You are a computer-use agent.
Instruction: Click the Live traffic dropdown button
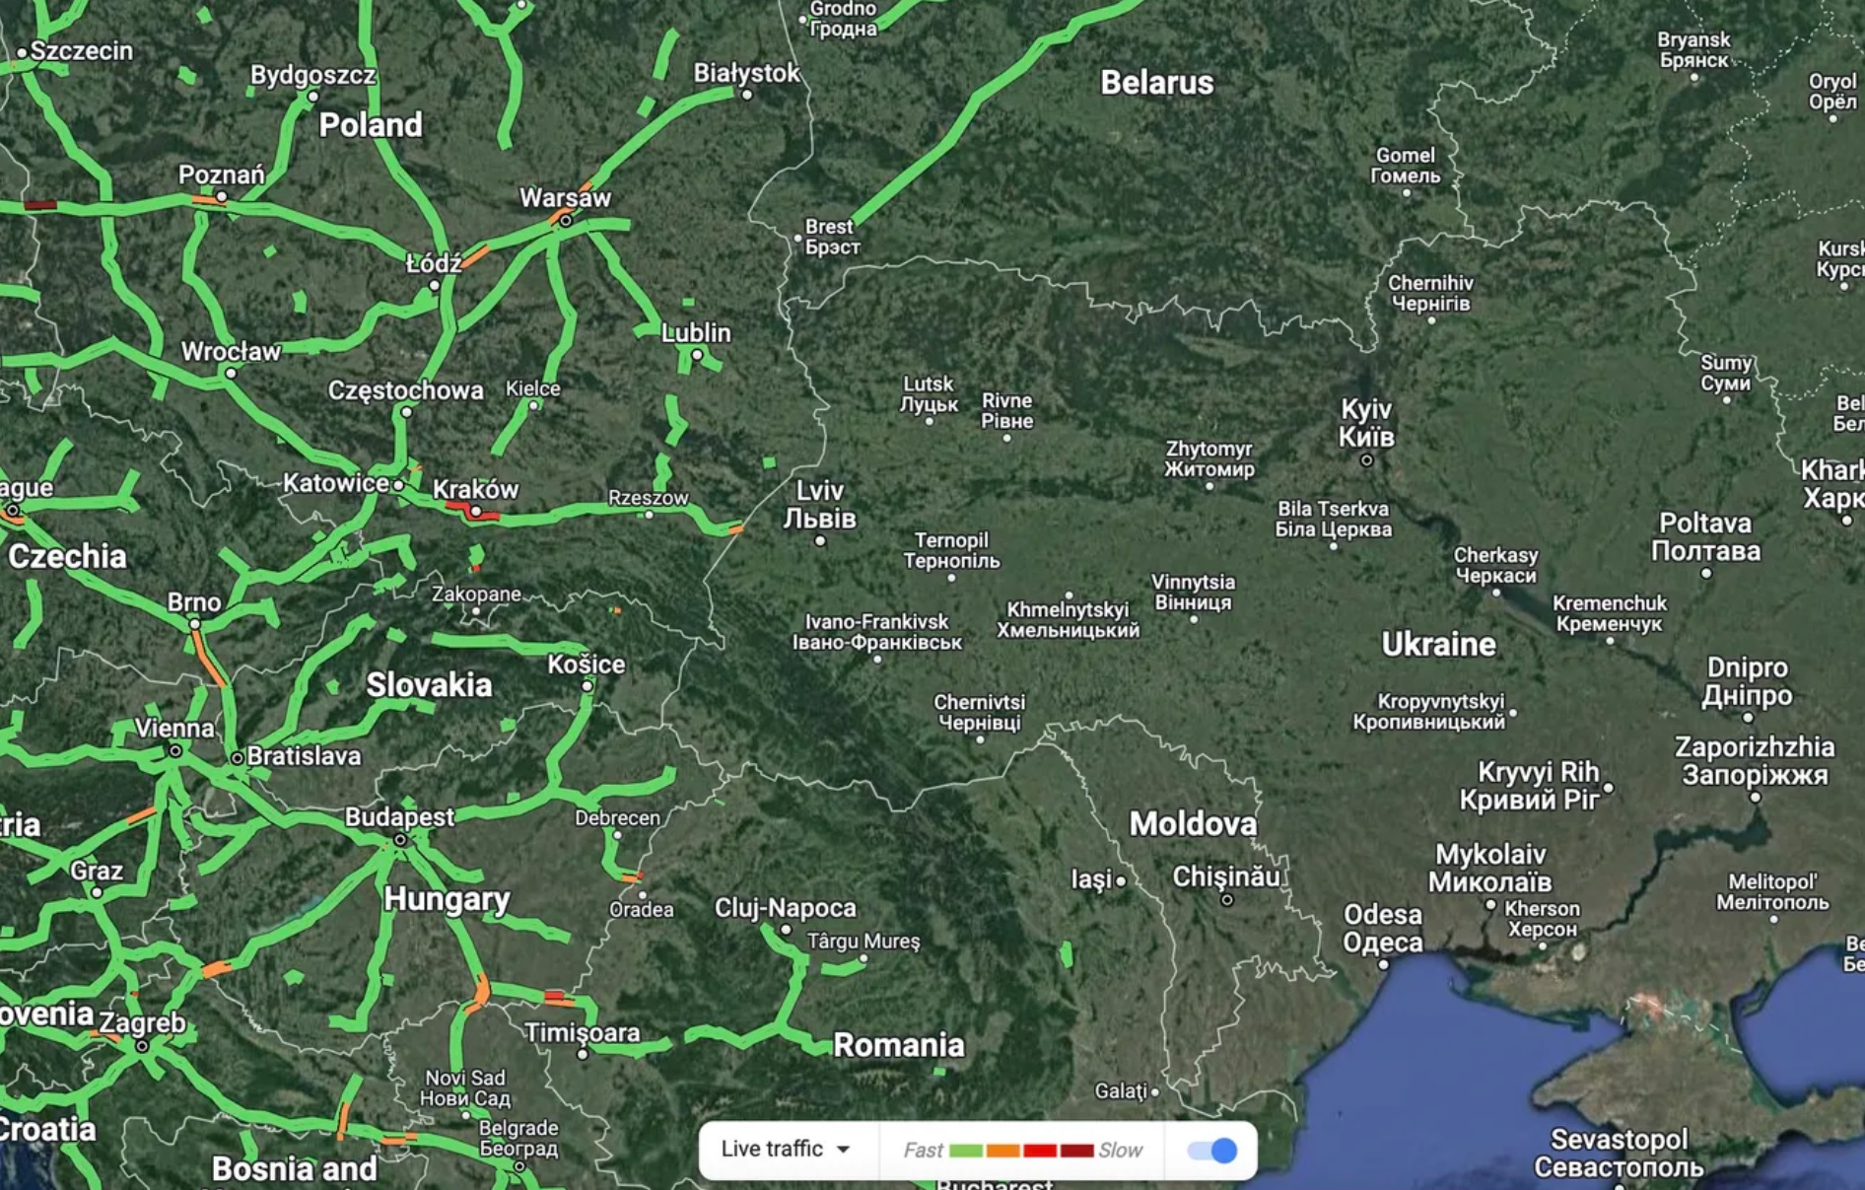pos(786,1150)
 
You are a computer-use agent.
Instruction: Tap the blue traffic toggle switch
pos(1212,1151)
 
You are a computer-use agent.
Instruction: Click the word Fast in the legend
pos(923,1151)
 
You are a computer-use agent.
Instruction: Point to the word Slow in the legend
pos(1120,1151)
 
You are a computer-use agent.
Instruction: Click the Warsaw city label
pos(565,198)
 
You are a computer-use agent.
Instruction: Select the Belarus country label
pos(1156,83)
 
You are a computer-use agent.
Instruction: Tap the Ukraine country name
pos(1438,645)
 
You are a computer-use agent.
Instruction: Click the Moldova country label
pos(1193,824)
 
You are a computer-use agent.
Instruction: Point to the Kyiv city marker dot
pos(1366,460)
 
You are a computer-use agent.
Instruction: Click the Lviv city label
pos(819,504)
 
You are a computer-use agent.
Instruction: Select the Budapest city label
pos(399,817)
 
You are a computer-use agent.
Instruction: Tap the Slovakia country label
pos(429,685)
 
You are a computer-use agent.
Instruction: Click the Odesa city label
pos(1382,929)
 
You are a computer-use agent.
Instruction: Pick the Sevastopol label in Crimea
pos(1619,1154)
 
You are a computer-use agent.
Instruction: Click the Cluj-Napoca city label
pos(785,908)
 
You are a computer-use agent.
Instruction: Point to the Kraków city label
pos(475,489)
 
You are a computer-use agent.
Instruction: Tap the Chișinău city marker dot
pos(1227,899)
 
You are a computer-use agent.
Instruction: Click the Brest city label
pos(831,237)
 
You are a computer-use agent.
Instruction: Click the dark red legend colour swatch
pos(1076,1151)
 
